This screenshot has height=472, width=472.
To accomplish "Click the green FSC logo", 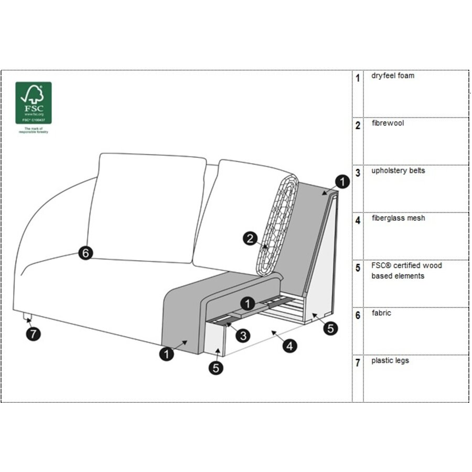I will pos(34,102).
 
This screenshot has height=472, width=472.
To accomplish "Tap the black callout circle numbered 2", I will pos(251,239).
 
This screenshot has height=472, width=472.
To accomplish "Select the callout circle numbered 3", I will pos(242,335).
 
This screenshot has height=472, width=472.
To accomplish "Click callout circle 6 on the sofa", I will pos(86,253).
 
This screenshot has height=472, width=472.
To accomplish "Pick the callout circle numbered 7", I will pos(33,334).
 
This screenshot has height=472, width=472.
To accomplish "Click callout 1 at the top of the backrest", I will pos(341,182).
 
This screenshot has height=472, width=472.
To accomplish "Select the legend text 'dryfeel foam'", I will pos(392,76).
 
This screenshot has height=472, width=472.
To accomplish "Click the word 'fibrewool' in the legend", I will pos(387,123).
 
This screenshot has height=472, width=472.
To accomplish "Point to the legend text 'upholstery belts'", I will pos(398,170).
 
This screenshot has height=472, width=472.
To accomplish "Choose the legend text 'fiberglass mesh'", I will pos(398,218).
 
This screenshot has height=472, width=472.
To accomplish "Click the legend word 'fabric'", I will pos(381,313).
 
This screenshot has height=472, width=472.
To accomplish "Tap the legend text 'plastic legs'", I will pos(390,360).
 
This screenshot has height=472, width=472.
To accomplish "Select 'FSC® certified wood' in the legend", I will pos(406,265).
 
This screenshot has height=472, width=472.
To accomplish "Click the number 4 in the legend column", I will pos(358,220).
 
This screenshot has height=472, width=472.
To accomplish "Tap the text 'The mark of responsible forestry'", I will pos(34,130).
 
